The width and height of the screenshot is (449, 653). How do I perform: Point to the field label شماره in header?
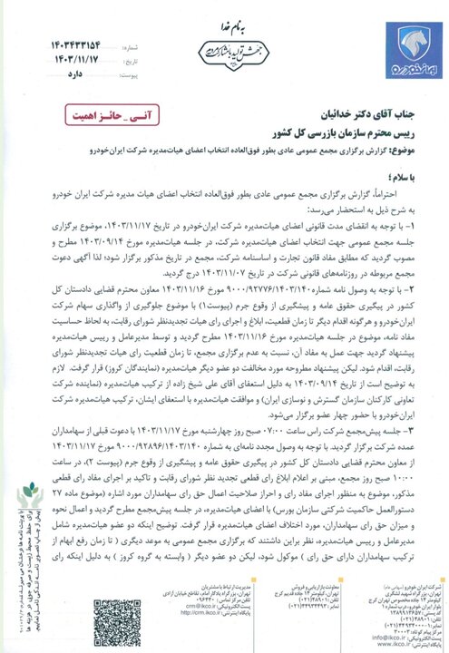click(x=107, y=41)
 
